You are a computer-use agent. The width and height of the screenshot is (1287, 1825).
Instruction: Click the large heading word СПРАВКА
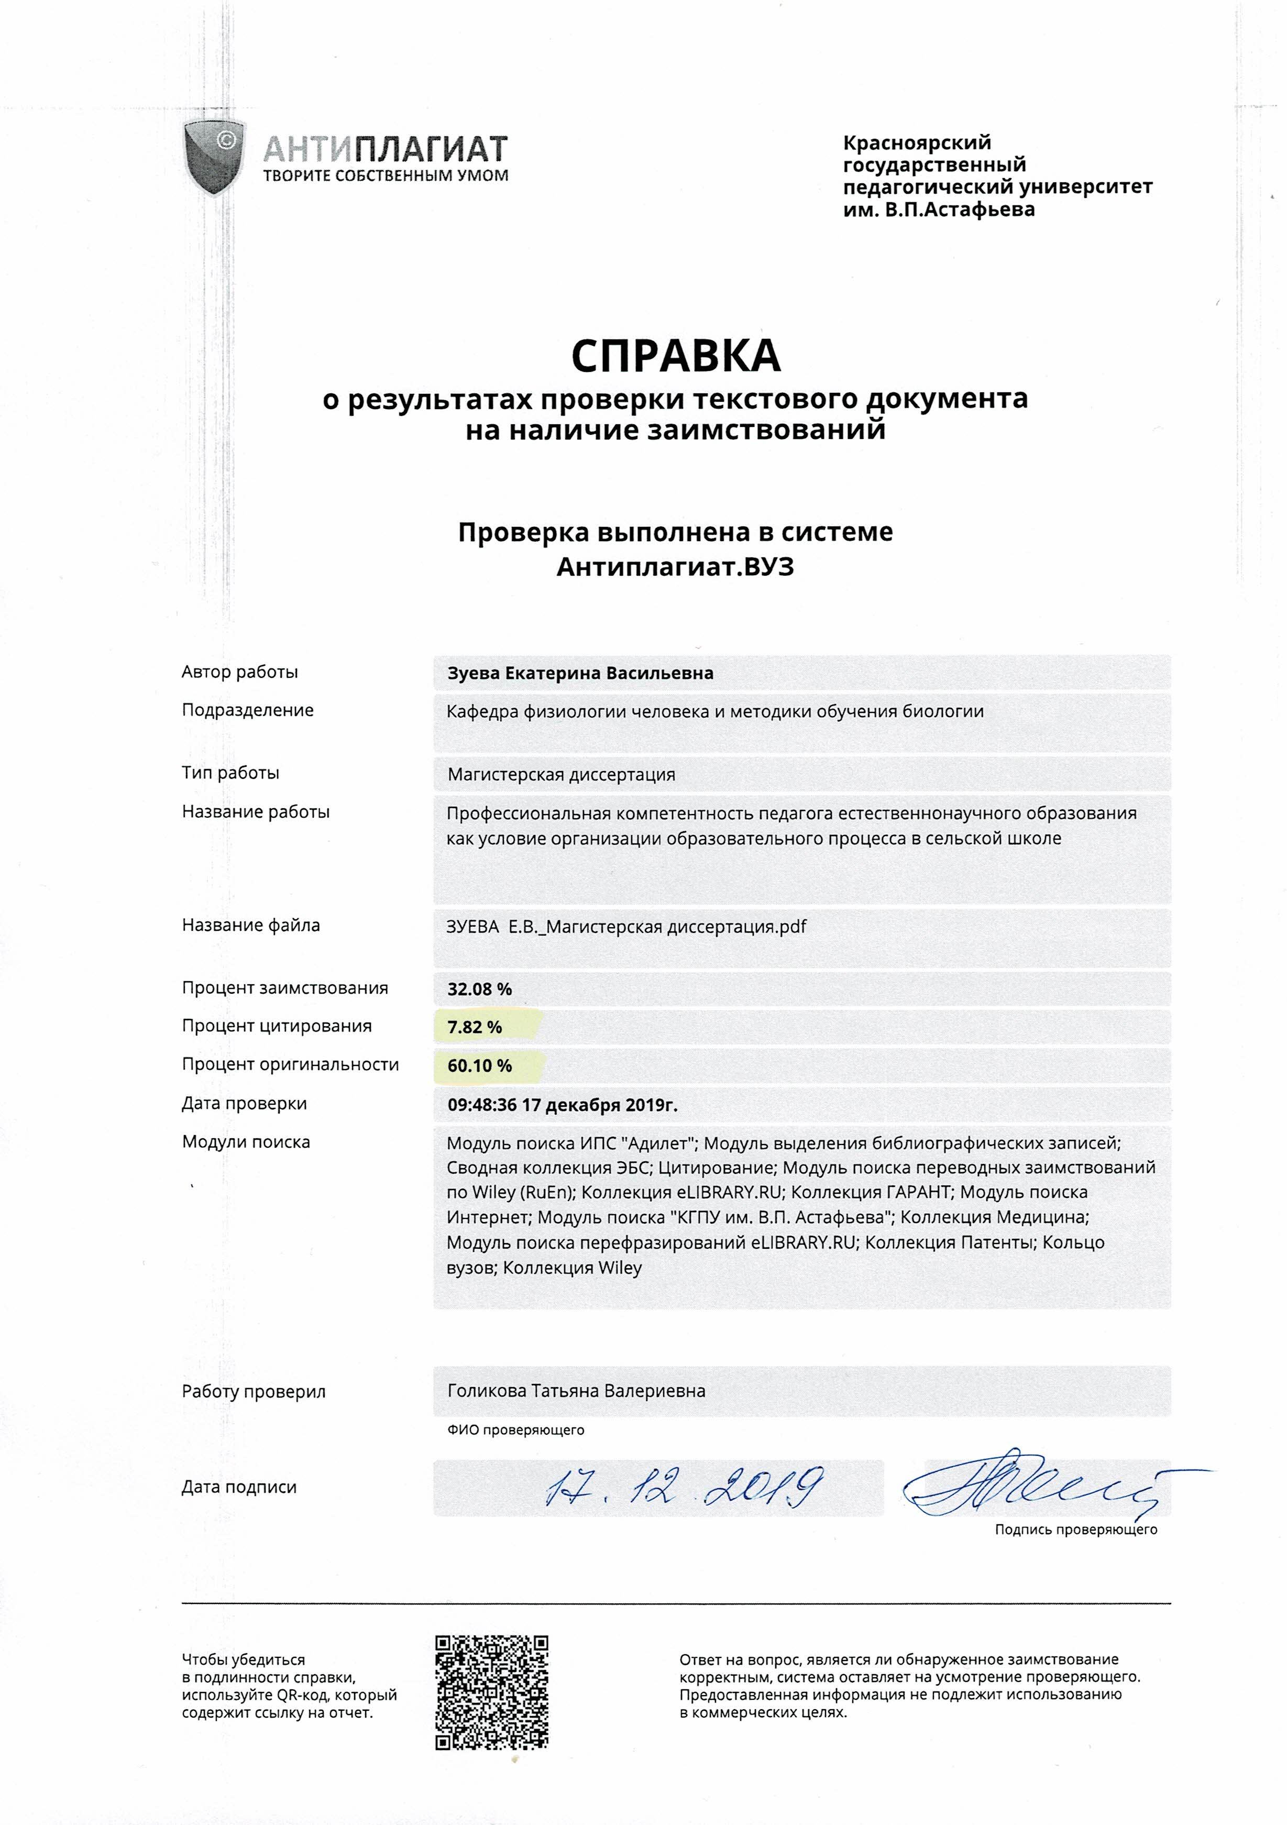click(x=676, y=357)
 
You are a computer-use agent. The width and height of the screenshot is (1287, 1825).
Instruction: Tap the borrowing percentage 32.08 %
click(x=479, y=989)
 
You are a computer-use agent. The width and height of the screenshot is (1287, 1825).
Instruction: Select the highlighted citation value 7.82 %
click(x=475, y=1027)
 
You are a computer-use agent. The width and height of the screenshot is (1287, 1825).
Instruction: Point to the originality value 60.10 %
click(x=479, y=1066)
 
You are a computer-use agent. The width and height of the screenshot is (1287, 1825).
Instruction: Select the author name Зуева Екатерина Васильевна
click(x=580, y=673)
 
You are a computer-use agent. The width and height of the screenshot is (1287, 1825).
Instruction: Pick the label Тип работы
click(x=230, y=773)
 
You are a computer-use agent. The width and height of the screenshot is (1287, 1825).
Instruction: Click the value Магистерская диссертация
click(x=561, y=774)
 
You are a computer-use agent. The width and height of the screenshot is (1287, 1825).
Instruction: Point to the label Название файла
click(x=251, y=925)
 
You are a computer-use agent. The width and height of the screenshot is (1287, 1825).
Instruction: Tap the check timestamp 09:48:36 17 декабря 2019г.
click(x=562, y=1105)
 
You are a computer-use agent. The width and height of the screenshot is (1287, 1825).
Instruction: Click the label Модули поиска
click(x=246, y=1142)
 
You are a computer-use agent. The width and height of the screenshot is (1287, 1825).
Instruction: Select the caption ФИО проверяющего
click(x=515, y=1430)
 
